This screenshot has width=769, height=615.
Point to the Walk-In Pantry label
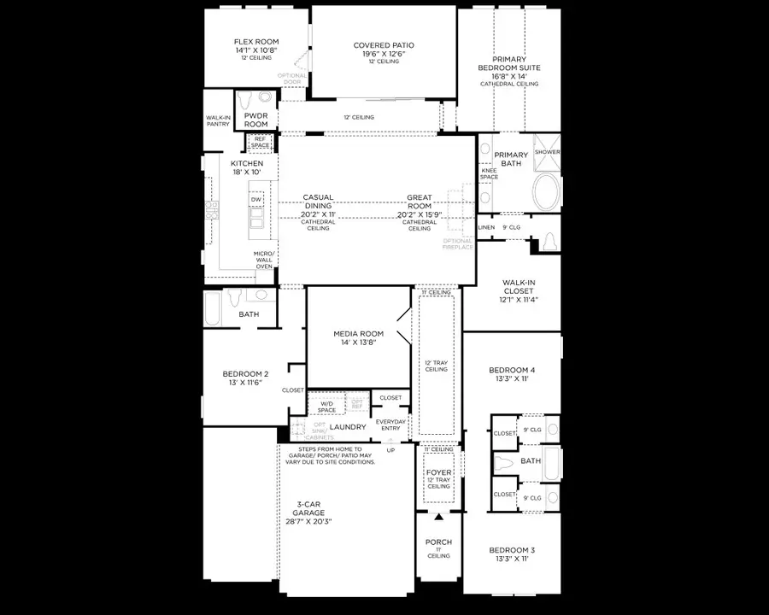click(218, 120)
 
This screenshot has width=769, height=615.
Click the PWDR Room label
click(256, 119)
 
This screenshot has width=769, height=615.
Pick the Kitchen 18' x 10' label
click(246, 167)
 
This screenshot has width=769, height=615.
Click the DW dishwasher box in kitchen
click(256, 199)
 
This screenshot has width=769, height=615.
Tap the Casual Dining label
click(318, 202)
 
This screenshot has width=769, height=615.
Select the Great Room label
click(419, 202)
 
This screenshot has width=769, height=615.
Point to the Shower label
click(547, 152)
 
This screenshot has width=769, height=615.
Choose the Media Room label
click(358, 337)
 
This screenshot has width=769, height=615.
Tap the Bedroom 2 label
click(246, 378)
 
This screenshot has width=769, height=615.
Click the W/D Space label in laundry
click(326, 407)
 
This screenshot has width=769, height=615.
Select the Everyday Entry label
click(390, 425)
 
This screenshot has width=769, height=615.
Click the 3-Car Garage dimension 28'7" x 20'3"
click(308, 521)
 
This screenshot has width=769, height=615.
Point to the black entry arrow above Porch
click(438, 518)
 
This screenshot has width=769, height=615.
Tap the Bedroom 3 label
click(513, 554)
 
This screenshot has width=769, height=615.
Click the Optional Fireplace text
click(457, 243)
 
